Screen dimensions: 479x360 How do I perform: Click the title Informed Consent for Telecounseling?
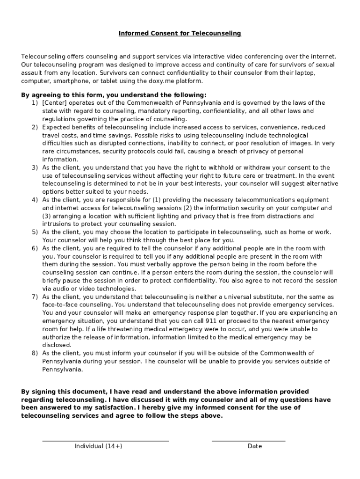coord(180,33)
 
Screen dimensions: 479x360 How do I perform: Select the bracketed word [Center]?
coord(55,103)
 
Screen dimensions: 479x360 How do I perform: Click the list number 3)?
coord(35,167)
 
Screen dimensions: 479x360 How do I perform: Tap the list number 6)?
coord(35,248)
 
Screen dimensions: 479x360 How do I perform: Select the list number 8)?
coord(35,353)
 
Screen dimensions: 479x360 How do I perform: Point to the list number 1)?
coord(35,103)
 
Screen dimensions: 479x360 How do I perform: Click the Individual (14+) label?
coord(98,446)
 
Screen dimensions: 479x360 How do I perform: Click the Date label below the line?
coord(255,446)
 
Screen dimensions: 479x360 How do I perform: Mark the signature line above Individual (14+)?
coord(105,441)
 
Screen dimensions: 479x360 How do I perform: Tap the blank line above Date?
coord(248,441)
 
